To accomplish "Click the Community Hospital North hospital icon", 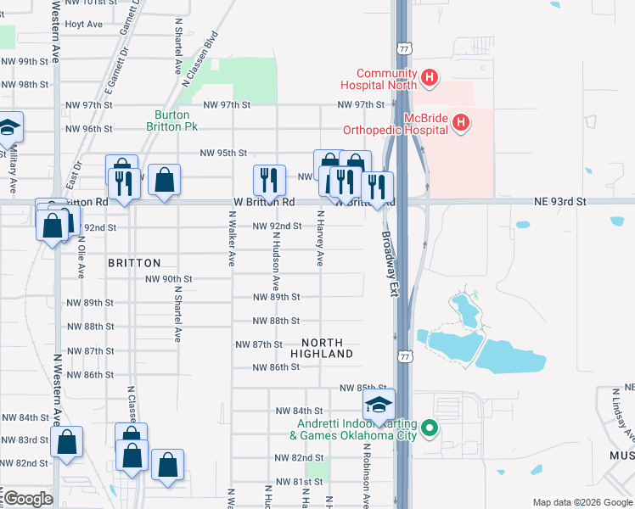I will pos(430,79).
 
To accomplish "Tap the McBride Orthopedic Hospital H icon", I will pos(461,124).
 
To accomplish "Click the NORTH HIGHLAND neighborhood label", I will pos(321,346).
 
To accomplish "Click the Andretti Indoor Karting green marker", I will pos(430,429).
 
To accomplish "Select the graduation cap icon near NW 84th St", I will pos(379,404).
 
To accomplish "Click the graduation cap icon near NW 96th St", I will pos(8,128).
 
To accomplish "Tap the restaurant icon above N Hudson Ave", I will pos(267,179).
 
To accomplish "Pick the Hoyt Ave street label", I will pos(83,24).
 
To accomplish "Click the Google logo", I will pos(27,498).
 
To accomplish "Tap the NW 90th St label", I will pos(169,279).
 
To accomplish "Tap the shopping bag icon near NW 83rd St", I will pos(66,442).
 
